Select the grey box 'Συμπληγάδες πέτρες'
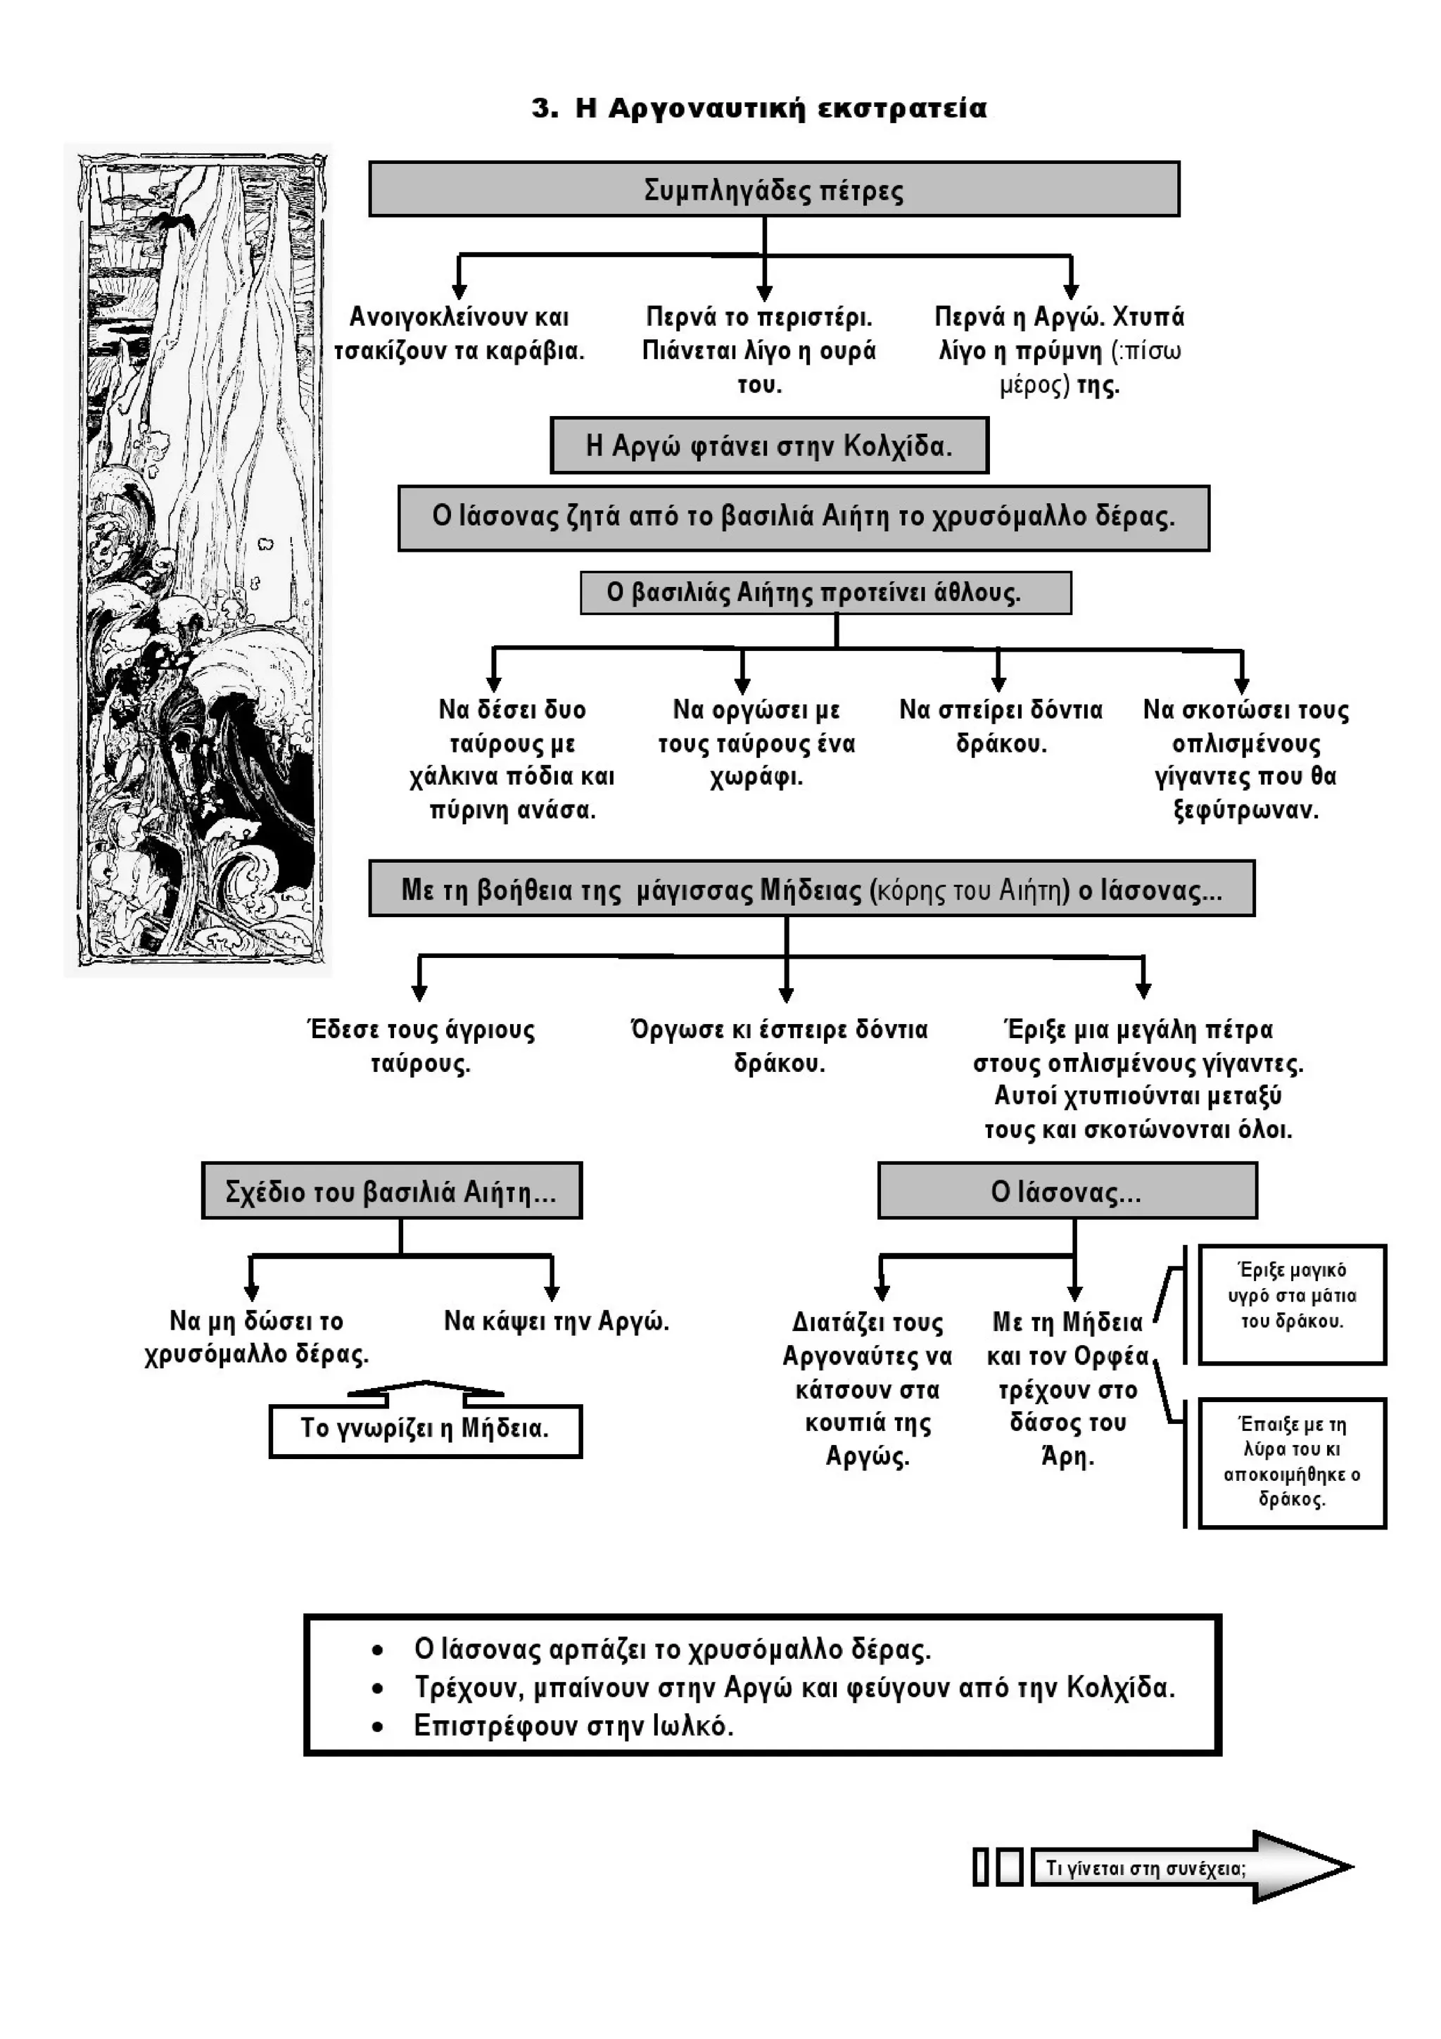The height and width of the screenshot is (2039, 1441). [x=773, y=189]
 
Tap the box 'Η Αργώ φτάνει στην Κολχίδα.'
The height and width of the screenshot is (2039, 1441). [x=769, y=445]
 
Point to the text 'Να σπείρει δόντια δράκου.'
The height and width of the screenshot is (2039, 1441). [x=1001, y=726]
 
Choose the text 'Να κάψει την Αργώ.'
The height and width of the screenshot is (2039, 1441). [x=556, y=1320]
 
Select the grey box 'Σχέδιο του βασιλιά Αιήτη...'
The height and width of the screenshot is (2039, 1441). [x=391, y=1190]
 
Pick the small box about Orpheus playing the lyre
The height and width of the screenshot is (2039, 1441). [x=1292, y=1463]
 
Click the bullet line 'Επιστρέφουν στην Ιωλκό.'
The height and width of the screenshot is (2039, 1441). [x=573, y=1726]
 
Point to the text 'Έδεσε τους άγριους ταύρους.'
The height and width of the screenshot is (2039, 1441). [x=421, y=1046]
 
